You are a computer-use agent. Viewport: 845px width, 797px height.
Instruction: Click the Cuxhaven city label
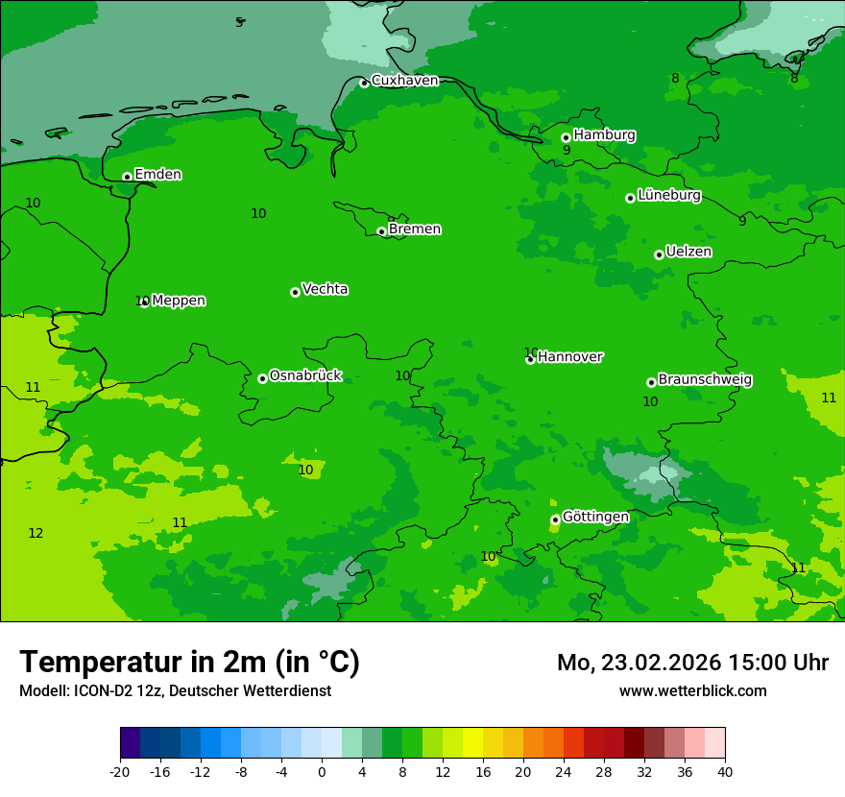404,81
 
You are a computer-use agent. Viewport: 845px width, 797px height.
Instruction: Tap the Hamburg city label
604,135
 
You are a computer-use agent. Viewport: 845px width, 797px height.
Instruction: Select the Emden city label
157,175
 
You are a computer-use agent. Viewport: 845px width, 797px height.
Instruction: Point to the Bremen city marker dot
381,231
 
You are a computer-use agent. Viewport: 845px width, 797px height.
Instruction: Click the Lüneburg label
668,195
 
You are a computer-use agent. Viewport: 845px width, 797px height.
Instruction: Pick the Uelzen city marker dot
659,254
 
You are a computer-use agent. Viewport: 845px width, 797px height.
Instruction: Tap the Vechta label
325,289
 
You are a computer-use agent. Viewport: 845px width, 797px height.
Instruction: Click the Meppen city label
179,301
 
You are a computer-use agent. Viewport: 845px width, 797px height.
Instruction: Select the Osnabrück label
305,375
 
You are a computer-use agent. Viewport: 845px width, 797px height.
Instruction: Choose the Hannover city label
569,357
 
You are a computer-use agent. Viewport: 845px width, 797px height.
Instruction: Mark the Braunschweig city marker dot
651,382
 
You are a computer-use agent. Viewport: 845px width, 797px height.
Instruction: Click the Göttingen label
595,517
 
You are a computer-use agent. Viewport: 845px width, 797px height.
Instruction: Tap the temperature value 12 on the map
36,533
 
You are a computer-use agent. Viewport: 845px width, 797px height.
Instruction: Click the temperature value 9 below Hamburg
567,150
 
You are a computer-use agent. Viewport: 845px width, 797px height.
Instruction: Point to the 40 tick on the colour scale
724,772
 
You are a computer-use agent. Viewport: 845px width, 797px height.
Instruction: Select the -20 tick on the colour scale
120,772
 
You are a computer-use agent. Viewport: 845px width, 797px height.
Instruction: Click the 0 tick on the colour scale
322,772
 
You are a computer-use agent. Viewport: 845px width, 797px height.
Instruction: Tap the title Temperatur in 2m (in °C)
189,663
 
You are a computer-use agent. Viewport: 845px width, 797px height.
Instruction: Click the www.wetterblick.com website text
692,690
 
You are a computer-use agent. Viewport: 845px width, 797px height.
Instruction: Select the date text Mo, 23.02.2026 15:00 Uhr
692,663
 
